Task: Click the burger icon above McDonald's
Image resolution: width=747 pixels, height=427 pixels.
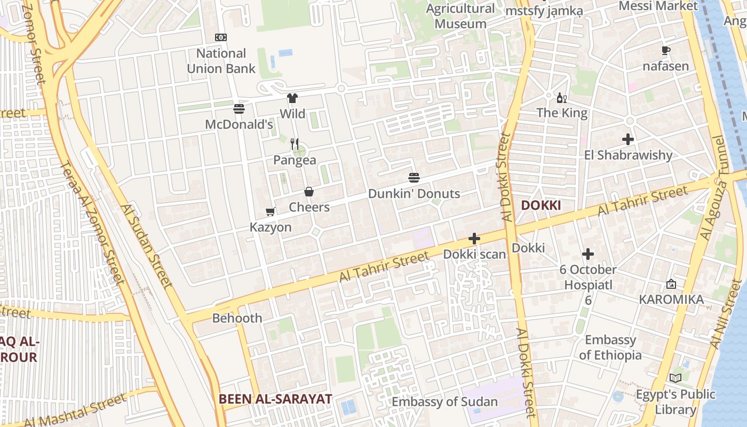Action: (239, 109)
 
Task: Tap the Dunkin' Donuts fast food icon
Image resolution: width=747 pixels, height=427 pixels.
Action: (414, 178)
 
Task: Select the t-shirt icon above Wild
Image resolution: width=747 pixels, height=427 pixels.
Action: (292, 98)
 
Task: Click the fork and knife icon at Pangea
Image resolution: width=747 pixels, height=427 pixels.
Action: (295, 144)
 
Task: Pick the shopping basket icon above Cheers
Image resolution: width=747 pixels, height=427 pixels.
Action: (309, 192)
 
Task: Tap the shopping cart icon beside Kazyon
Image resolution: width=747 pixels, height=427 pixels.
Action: (271, 212)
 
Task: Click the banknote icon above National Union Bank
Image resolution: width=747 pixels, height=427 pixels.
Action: (221, 37)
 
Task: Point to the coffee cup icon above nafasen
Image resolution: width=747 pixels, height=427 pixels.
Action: (665, 51)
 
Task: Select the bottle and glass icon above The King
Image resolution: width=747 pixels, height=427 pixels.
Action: (562, 98)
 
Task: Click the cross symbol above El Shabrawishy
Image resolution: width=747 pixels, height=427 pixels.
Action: (628, 140)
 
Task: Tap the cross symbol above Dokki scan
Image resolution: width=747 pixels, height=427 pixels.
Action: (474, 239)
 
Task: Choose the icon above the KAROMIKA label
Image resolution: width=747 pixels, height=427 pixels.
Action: (671, 284)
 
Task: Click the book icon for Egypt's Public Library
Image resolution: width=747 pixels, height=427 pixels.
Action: (676, 378)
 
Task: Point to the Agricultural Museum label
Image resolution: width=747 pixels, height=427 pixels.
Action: (460, 16)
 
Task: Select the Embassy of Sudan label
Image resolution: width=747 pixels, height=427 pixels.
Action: (445, 402)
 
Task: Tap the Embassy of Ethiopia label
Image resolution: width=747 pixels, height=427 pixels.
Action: (611, 347)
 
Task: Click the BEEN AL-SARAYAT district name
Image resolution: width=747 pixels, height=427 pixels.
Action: (275, 399)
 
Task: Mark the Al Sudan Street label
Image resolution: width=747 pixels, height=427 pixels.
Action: (146, 246)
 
